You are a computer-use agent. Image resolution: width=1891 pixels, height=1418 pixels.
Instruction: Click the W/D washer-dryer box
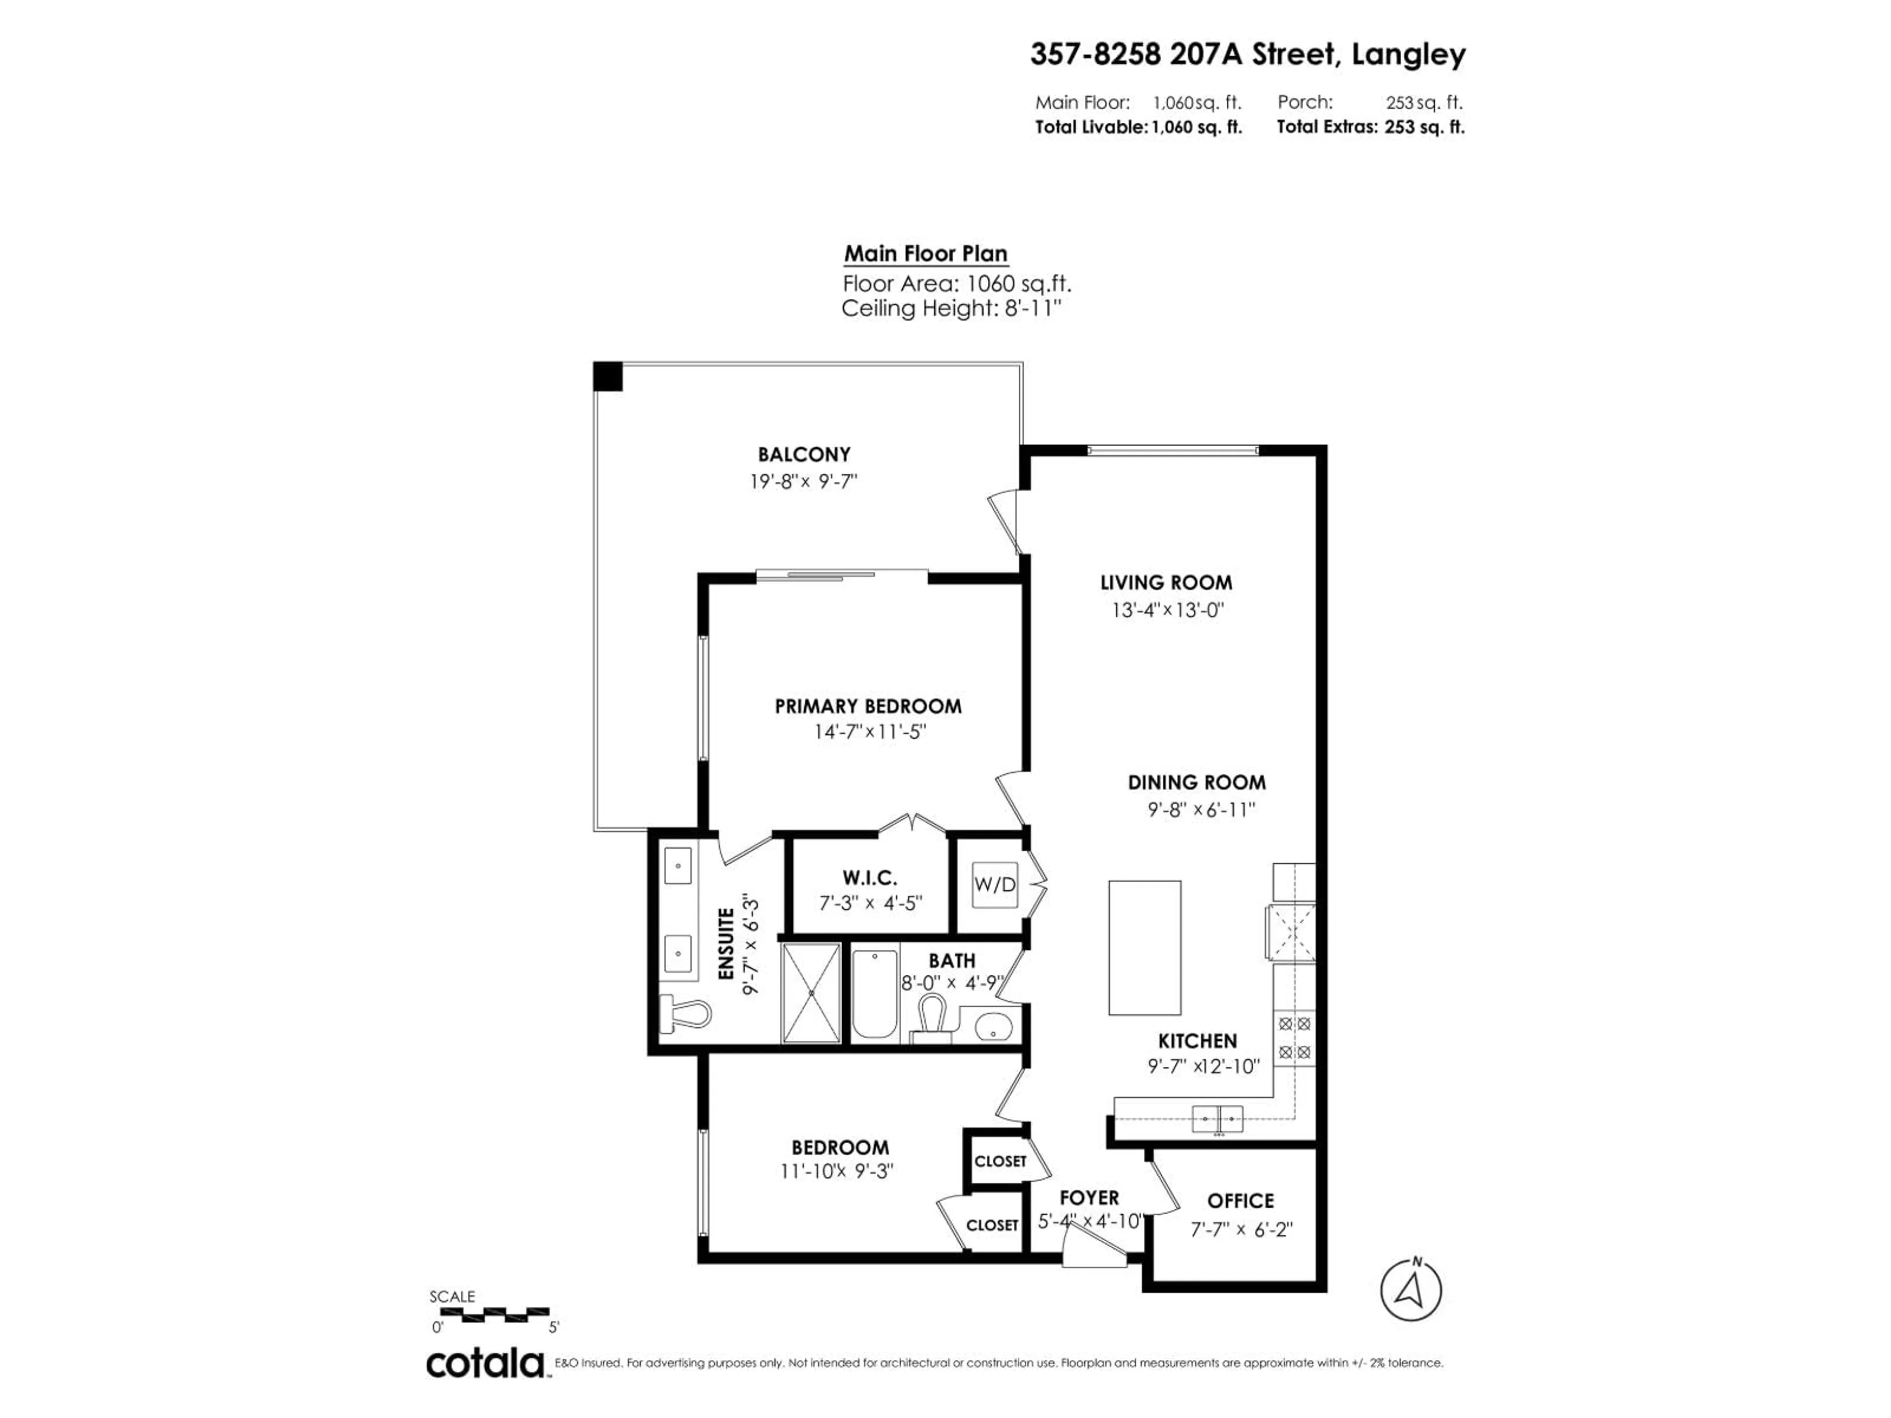pos(994,885)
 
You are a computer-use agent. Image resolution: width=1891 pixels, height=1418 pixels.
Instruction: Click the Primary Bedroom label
pos(868,706)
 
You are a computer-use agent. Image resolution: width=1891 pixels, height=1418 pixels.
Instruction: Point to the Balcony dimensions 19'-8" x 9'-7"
pos(804,481)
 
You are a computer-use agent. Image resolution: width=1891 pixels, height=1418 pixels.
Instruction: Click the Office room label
pos(1240,1201)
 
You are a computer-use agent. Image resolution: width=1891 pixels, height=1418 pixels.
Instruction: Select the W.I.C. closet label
pos(869,878)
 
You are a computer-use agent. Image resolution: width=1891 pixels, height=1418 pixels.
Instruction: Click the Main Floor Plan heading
pos(926,254)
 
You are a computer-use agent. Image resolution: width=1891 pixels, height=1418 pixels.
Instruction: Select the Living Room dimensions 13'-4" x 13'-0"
pos(1168,610)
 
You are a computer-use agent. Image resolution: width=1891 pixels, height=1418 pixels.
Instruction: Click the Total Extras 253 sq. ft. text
pos(1370,128)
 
